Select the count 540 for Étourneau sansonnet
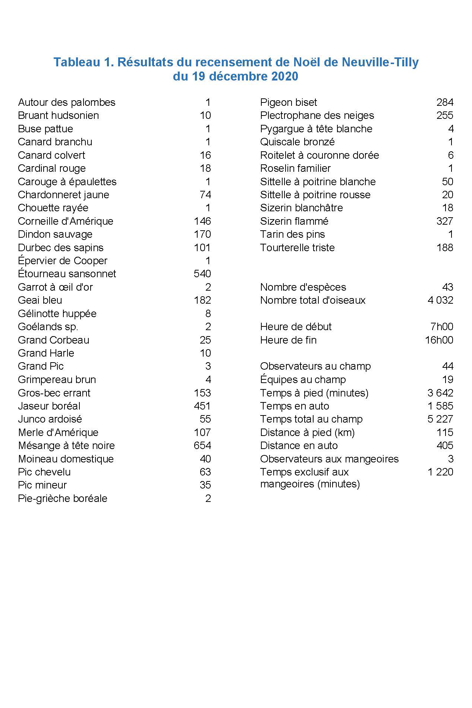202,274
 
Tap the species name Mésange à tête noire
66,446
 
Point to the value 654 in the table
202,446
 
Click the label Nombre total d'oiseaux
312,300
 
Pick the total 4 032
440,300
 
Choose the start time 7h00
442,327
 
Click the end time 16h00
439,340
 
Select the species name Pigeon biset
288,102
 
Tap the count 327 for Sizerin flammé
444,221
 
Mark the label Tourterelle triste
297,248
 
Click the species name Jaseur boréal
49,406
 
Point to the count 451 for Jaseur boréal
202,406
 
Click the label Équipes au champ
303,380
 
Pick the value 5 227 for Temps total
440,419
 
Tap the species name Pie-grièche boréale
62,499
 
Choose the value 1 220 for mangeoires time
440,472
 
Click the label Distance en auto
299,446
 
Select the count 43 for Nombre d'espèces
447,287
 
